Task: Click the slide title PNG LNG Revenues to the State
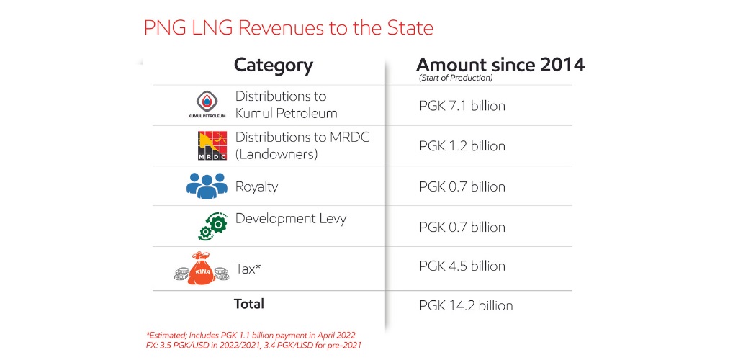[289, 28]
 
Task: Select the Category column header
[273, 66]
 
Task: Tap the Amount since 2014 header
[500, 64]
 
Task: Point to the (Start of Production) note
[456, 78]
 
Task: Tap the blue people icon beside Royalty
[207, 186]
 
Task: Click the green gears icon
[212, 225]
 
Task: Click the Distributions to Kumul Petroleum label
[286, 105]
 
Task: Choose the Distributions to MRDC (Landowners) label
[302, 145]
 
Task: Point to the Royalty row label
[256, 186]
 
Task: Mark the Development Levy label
[290, 218]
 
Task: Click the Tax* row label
[248, 268]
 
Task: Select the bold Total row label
[249, 304]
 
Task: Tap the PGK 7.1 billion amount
[462, 106]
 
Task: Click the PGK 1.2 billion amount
[462, 146]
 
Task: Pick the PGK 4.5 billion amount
[462, 266]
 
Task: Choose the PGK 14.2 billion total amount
[466, 305]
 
